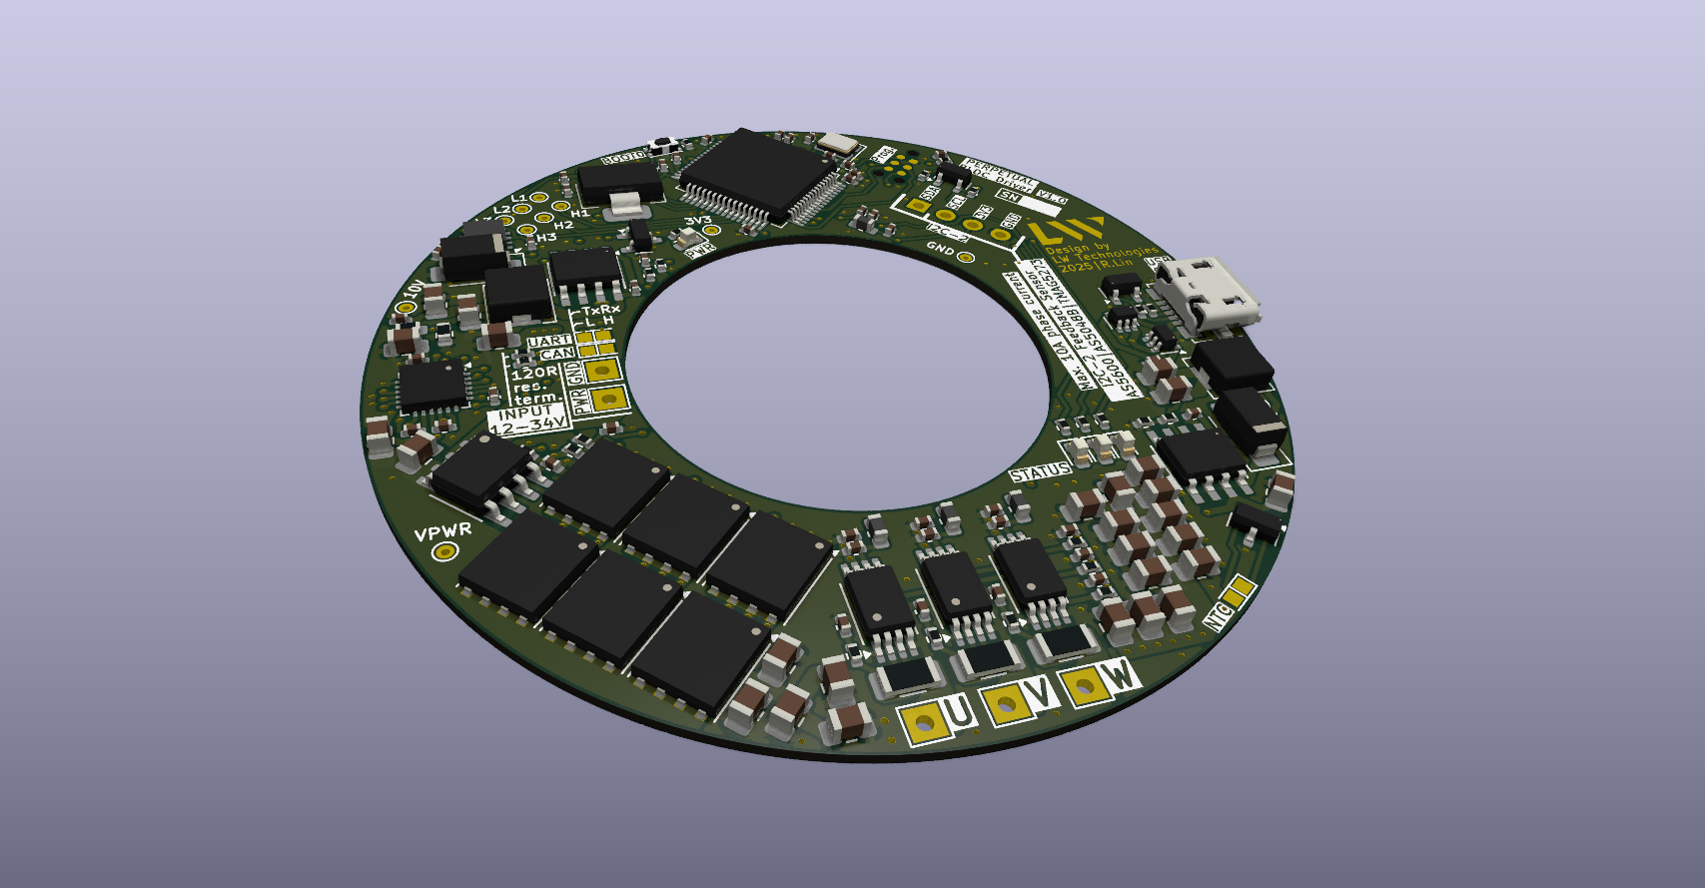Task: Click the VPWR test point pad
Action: pos(442,552)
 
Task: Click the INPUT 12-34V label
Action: pos(528,420)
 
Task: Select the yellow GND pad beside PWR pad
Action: pos(602,372)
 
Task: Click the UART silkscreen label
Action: pos(549,342)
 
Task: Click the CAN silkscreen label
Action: pos(555,354)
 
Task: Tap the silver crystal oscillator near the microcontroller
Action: pos(836,146)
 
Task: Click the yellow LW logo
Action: pos(1067,231)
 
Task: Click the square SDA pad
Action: pos(918,206)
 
